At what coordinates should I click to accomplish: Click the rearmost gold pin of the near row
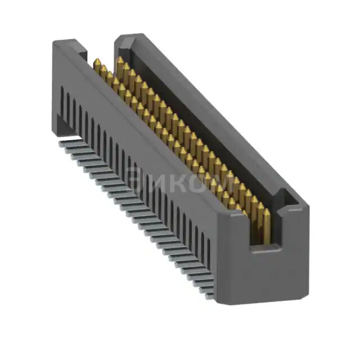click(97, 62)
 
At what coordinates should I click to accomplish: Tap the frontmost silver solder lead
click(209, 295)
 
